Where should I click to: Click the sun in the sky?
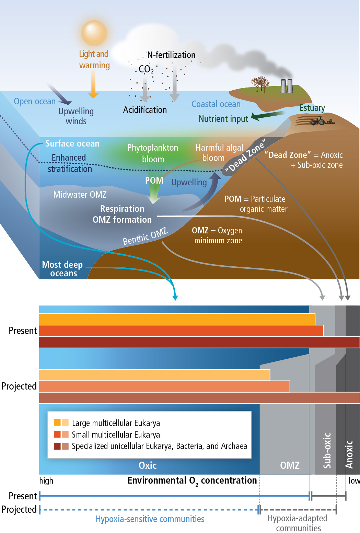click(94, 33)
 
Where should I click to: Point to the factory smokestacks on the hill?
click(286, 86)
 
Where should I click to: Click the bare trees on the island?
click(260, 84)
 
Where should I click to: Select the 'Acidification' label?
click(145, 110)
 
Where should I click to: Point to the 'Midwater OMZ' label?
click(80, 195)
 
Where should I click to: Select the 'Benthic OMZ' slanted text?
click(145, 236)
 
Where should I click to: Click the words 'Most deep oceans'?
click(62, 269)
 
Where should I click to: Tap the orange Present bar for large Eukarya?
click(177, 319)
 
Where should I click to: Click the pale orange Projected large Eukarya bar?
click(154, 375)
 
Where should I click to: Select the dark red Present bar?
click(199, 342)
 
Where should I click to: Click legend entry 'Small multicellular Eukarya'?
click(116, 434)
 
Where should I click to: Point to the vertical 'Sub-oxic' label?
click(327, 450)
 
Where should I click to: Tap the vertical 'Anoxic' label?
click(349, 454)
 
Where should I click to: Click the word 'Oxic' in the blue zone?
click(148, 465)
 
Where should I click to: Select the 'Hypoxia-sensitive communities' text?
click(150, 519)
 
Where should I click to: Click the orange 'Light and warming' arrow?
click(93, 84)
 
